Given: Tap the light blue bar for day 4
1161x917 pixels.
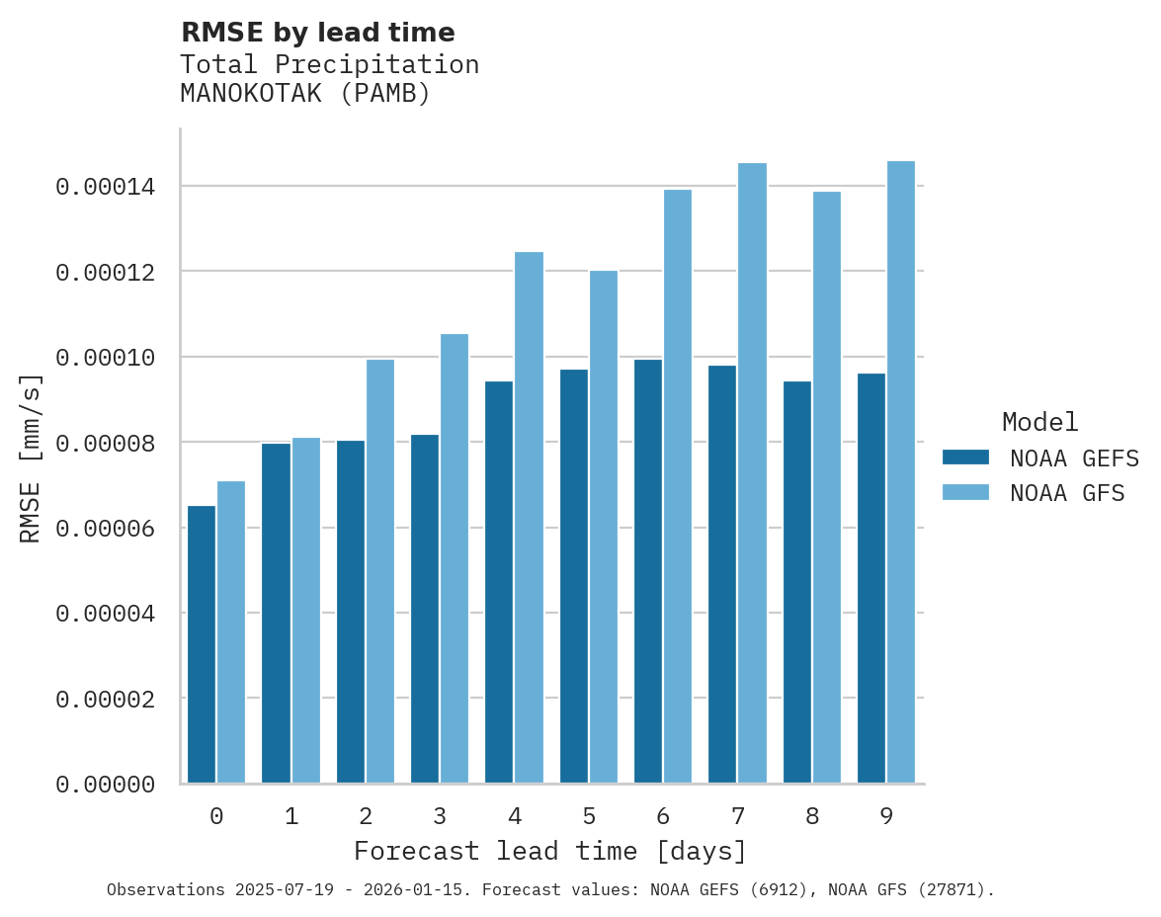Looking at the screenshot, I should tap(529, 518).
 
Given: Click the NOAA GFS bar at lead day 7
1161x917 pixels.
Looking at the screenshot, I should tap(752, 473).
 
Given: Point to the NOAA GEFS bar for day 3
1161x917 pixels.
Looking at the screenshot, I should tap(425, 609).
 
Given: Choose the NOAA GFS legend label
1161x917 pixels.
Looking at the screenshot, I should tap(1067, 492).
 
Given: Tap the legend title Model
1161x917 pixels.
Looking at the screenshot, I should tap(1039, 422).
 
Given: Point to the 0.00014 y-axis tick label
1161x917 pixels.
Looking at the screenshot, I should tap(105, 187).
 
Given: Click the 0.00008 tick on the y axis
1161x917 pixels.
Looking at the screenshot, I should tap(105, 443).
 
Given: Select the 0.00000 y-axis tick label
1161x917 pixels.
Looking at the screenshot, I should tap(105, 785).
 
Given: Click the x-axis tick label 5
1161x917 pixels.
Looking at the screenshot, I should tap(589, 816).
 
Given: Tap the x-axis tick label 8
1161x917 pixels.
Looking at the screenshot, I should tap(812, 816).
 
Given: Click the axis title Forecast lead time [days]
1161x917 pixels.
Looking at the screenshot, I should tap(550, 851).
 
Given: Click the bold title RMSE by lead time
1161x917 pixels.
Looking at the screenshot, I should tap(317, 33).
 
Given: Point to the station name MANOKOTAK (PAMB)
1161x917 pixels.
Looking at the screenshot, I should tap(305, 94).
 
